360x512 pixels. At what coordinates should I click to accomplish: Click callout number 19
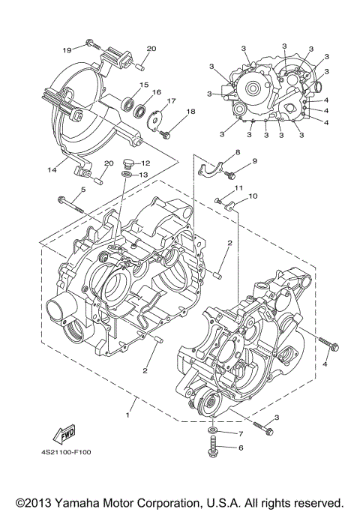(x=67, y=50)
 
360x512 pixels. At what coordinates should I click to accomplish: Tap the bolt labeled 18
(x=165, y=134)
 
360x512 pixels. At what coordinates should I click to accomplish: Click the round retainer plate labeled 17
(x=157, y=116)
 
